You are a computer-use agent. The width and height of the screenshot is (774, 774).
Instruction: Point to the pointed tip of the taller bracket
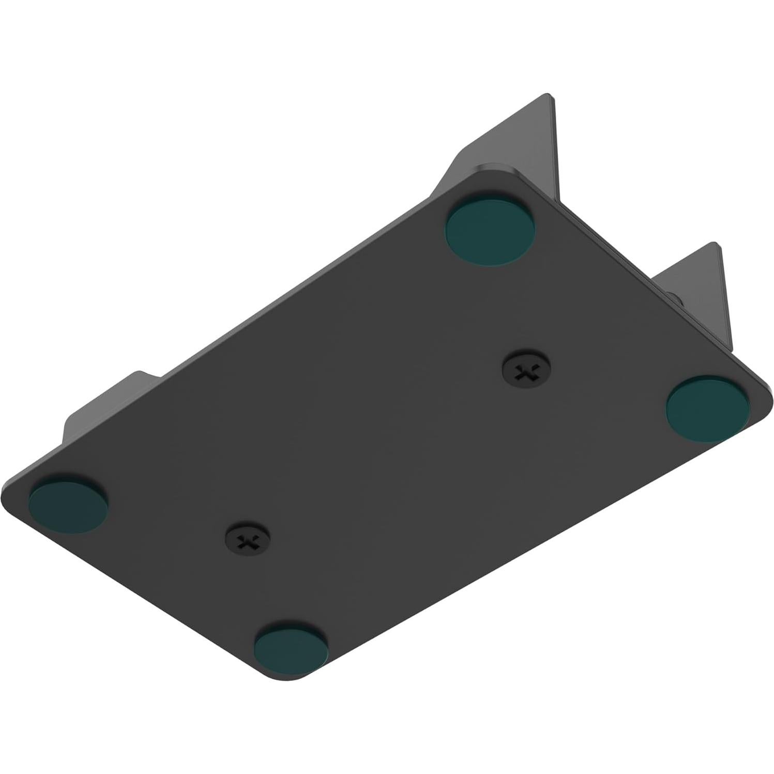pos(548,96)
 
